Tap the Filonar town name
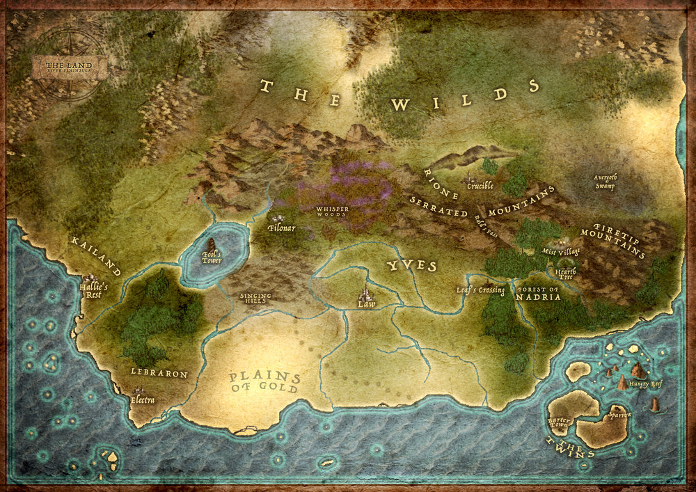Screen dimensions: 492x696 282,228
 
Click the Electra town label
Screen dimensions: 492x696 143,400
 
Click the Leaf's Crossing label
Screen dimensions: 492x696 480,289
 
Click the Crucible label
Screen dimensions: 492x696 480,186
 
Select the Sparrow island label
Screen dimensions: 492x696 619,415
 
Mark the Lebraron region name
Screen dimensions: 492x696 159,373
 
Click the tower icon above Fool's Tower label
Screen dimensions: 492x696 210,244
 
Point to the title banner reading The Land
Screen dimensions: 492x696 70,68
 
